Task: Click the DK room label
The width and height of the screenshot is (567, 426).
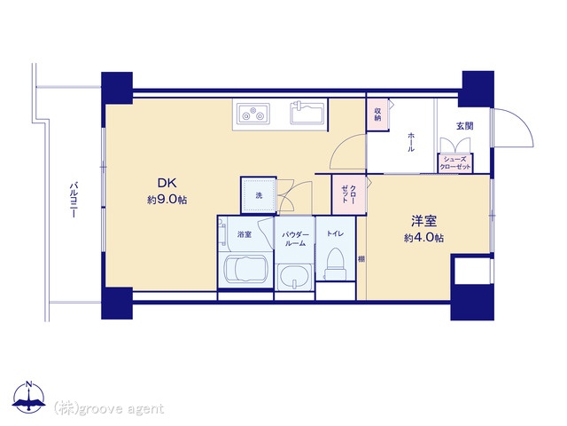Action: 167,184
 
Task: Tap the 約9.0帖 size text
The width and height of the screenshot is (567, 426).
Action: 167,200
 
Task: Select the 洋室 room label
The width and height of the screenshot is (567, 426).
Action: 423,221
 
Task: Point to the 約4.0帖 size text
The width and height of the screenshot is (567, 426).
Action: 423,238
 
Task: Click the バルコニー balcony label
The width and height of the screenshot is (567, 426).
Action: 74,200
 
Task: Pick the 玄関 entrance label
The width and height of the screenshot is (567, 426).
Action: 464,126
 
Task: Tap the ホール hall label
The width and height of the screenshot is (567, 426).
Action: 411,142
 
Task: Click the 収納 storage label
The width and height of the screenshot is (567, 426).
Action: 377,114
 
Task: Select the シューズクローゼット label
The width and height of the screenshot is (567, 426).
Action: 455,163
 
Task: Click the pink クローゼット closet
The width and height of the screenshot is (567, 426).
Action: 349,194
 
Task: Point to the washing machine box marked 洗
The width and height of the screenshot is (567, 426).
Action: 259,195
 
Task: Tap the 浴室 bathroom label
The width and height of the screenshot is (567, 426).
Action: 245,234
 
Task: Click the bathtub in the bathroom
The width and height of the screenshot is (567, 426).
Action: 246,269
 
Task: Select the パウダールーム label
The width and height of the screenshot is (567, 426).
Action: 295,239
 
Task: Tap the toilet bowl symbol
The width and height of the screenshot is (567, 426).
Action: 335,264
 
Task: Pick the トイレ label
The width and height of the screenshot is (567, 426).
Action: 335,234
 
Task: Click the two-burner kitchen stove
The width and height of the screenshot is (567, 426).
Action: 253,114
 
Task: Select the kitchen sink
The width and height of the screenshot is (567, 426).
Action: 307,113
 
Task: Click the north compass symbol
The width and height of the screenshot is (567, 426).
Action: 28,397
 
